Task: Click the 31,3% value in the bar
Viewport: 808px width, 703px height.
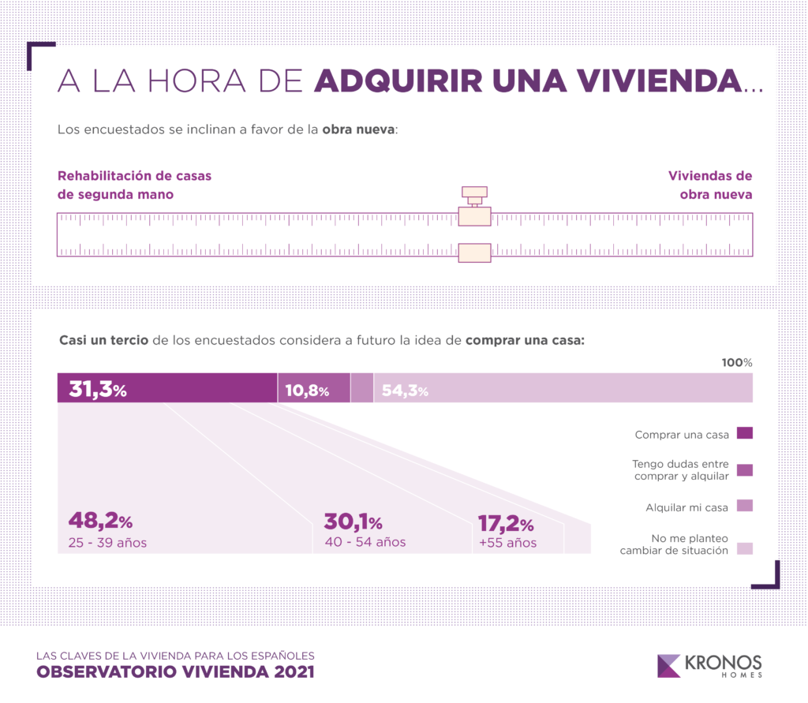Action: click(99, 389)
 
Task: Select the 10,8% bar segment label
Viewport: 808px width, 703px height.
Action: click(306, 390)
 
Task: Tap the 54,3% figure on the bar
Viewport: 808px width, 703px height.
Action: click(405, 390)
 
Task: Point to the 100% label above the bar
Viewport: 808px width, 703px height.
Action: click(737, 362)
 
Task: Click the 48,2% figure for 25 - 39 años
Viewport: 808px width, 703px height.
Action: click(100, 522)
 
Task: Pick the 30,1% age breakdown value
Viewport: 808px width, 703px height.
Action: click(353, 522)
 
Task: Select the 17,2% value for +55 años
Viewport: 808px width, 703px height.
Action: click(506, 523)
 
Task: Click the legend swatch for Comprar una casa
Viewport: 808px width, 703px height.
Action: click(743, 433)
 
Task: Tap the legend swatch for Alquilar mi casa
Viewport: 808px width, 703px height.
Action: click(743, 506)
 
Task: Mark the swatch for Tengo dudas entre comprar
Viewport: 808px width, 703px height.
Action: click(743, 470)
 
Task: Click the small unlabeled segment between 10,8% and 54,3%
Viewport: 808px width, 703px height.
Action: click(362, 389)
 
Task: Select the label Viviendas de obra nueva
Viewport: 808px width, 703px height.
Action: click(710, 185)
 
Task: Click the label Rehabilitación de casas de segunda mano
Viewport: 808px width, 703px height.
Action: click(135, 185)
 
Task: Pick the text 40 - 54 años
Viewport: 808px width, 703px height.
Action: click(365, 542)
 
